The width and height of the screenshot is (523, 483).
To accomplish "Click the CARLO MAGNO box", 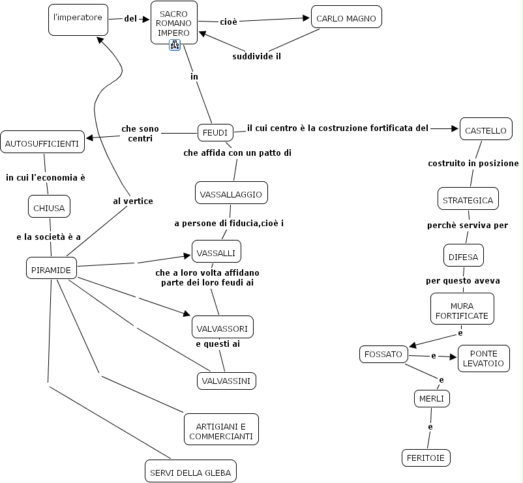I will [346, 18].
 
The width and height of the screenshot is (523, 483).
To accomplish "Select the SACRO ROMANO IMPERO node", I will [173, 22].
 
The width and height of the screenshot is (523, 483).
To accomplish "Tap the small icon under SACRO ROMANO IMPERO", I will [174, 44].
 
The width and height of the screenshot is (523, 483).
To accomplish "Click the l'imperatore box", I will [78, 18].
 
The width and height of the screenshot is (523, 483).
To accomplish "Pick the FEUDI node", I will [215, 132].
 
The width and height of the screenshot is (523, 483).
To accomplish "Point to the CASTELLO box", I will [485, 130].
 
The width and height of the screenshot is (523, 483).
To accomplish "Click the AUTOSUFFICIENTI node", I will [42, 142].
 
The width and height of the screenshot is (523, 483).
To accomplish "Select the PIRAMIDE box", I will [52, 267].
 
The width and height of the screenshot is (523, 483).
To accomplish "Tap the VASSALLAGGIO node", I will [231, 194].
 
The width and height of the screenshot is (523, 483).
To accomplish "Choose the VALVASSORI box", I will [222, 327].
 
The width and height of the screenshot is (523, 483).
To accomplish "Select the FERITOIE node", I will [426, 458].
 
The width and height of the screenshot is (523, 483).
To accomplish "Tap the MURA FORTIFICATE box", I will [462, 310].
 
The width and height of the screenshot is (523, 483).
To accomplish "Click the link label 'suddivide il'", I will [256, 56].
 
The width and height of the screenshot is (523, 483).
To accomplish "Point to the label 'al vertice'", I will [133, 201].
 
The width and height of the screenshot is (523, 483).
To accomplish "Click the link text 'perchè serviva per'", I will [468, 225].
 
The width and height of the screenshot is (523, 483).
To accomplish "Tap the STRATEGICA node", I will [468, 199].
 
